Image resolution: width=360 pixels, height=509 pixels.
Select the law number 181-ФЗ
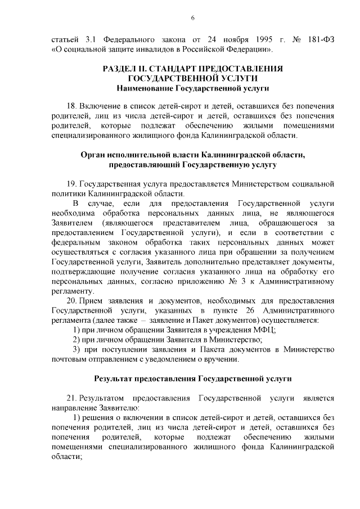click(321, 40)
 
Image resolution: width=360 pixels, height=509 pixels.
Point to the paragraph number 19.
click(71, 183)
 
